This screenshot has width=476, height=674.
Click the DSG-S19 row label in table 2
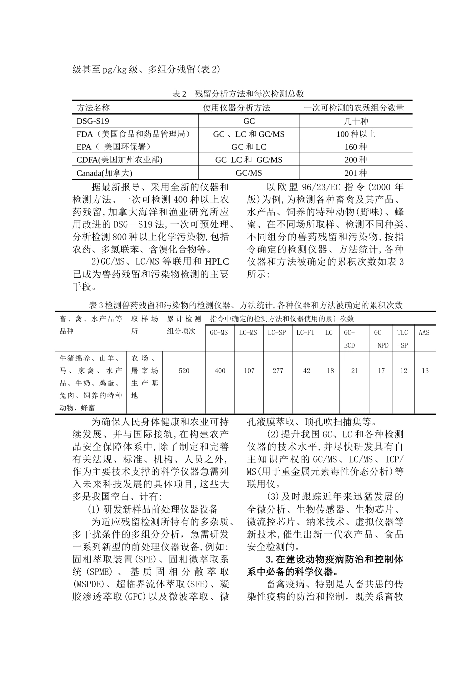click(x=93, y=121)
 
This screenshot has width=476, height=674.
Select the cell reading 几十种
click(x=356, y=121)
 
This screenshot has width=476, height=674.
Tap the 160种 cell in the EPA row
click(x=356, y=147)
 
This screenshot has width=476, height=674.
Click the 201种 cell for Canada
click(x=356, y=173)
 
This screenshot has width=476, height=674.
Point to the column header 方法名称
click(x=93, y=108)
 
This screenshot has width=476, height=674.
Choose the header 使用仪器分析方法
click(x=236, y=108)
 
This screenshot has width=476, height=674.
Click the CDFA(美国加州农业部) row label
click(x=119, y=160)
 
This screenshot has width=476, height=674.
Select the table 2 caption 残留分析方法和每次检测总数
click(x=249, y=94)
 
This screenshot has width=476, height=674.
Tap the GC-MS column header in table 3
click(x=220, y=332)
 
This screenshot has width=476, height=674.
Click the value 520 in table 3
click(x=184, y=371)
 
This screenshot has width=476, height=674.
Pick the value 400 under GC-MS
click(x=220, y=371)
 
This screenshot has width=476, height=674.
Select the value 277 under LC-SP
click(x=277, y=371)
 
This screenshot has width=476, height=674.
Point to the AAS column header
click(x=424, y=332)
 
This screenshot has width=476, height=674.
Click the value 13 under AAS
click(x=425, y=371)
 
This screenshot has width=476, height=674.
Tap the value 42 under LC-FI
click(x=306, y=371)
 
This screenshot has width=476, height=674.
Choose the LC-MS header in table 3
click(x=248, y=332)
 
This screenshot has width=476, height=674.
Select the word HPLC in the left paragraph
click(x=217, y=262)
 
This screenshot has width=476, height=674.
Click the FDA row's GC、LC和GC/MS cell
click(x=249, y=134)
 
